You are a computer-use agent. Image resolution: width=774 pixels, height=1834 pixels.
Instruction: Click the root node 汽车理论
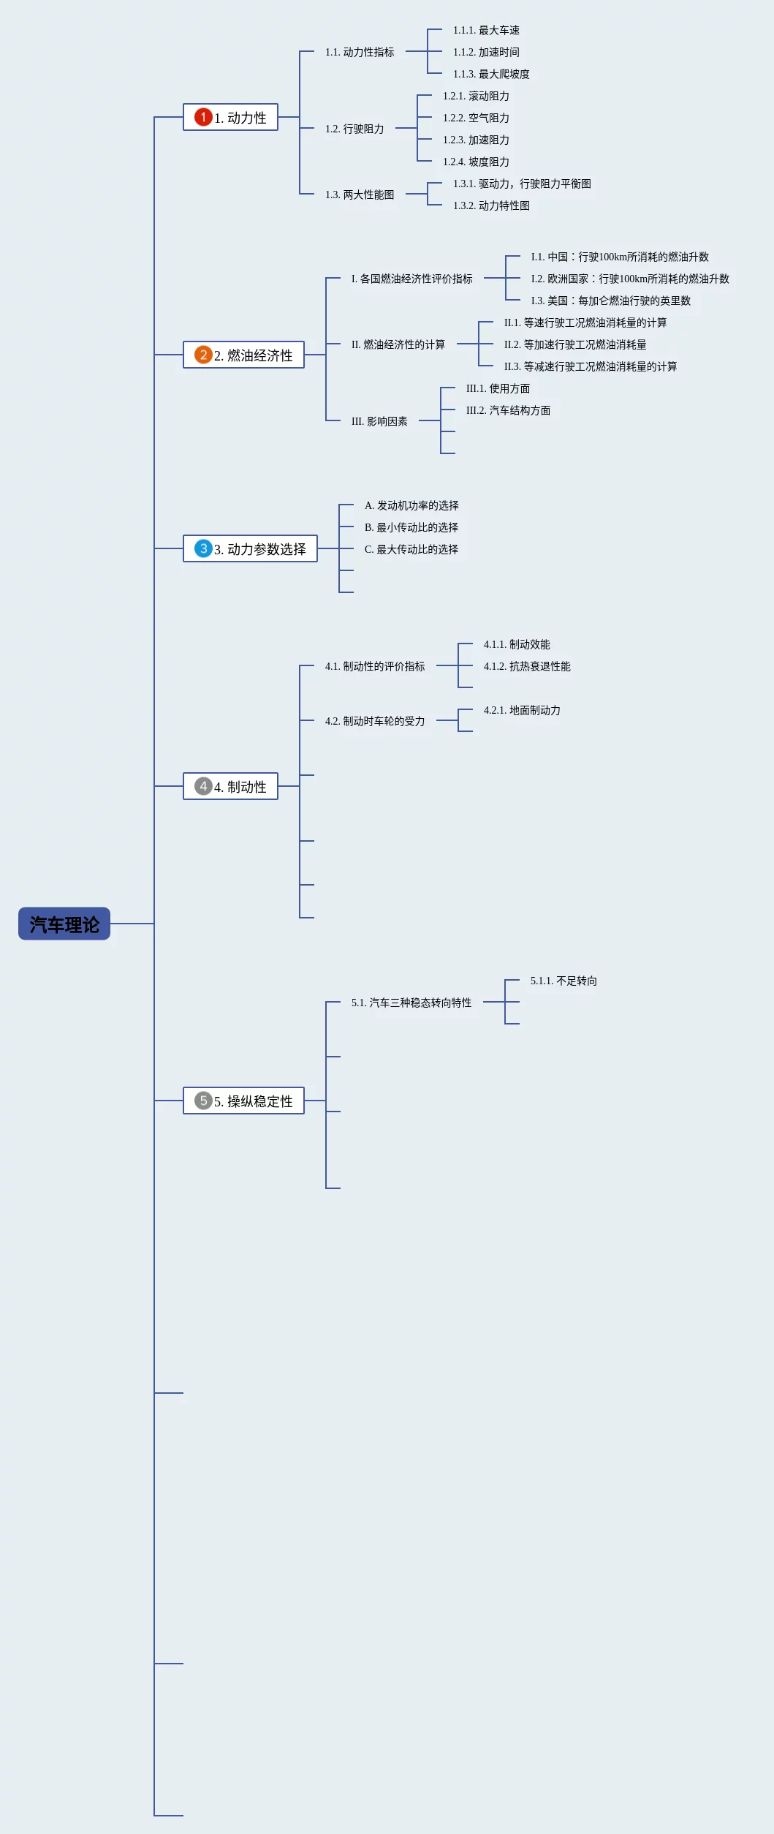pyautogui.click(x=64, y=924)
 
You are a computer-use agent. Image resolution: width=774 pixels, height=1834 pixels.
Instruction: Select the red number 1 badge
pyautogui.click(x=203, y=117)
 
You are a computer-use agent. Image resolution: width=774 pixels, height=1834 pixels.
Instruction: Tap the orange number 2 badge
pyautogui.click(x=203, y=355)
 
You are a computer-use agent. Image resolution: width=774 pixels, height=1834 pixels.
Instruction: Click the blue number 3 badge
pyautogui.click(x=203, y=548)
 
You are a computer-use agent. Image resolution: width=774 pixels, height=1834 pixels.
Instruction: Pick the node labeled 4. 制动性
pyautogui.click(x=230, y=786)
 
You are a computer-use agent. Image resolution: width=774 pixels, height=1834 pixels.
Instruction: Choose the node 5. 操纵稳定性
pyautogui.click(x=243, y=1101)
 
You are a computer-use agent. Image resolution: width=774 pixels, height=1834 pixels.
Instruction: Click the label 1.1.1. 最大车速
pyautogui.click(x=486, y=30)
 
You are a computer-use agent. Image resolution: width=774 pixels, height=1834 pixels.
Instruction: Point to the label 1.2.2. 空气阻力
pyautogui.click(x=476, y=118)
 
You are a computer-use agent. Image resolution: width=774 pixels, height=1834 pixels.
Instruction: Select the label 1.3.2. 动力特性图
pyautogui.click(x=491, y=205)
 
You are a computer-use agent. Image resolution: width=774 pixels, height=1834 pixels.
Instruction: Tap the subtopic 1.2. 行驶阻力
pyautogui.click(x=354, y=129)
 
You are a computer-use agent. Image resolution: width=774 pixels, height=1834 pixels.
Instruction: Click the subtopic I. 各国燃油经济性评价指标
pyautogui.click(x=411, y=279)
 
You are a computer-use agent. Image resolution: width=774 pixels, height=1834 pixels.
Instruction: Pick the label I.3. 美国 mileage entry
pyautogui.click(x=610, y=301)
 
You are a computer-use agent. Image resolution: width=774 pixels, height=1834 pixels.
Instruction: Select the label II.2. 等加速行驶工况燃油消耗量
pyautogui.click(x=575, y=344)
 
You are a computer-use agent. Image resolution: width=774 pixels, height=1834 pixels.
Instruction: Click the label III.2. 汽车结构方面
pyautogui.click(x=508, y=410)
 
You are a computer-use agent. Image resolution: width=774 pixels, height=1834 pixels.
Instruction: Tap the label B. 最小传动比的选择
pyautogui.click(x=411, y=527)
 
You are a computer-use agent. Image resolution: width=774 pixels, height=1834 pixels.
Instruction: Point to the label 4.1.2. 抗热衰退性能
pyautogui.click(x=527, y=666)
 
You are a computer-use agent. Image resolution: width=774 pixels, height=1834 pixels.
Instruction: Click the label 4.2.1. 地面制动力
pyautogui.click(x=522, y=710)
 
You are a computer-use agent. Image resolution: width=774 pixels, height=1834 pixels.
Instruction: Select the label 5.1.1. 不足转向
pyautogui.click(x=564, y=981)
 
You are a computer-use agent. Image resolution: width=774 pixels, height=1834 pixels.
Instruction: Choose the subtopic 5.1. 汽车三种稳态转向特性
pyautogui.click(x=411, y=1003)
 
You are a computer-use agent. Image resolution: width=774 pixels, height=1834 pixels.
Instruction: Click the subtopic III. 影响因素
pyautogui.click(x=379, y=421)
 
